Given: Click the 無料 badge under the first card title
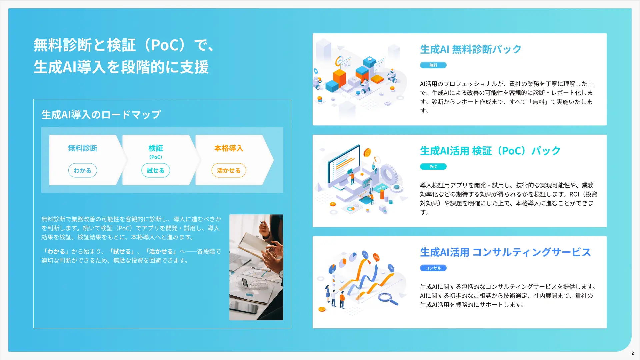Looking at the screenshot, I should click(433, 65).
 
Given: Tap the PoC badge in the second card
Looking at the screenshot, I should click(433, 166).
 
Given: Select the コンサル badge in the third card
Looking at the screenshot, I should click(433, 268).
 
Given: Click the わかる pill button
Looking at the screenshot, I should click(82, 170).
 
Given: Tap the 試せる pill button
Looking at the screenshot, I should click(155, 170).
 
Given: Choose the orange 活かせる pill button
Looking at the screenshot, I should click(229, 170).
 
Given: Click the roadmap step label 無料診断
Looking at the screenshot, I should click(82, 148).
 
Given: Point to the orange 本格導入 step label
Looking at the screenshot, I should click(229, 148).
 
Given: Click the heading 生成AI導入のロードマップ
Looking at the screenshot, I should click(101, 115).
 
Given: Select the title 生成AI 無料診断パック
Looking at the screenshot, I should click(470, 49).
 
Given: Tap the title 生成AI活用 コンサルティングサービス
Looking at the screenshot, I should click(505, 252).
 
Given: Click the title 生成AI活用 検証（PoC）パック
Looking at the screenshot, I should click(490, 151).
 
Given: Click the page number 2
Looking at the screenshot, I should click(632, 353).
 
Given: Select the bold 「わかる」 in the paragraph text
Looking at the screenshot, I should click(56, 251).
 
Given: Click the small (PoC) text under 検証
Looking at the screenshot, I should click(155, 157).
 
